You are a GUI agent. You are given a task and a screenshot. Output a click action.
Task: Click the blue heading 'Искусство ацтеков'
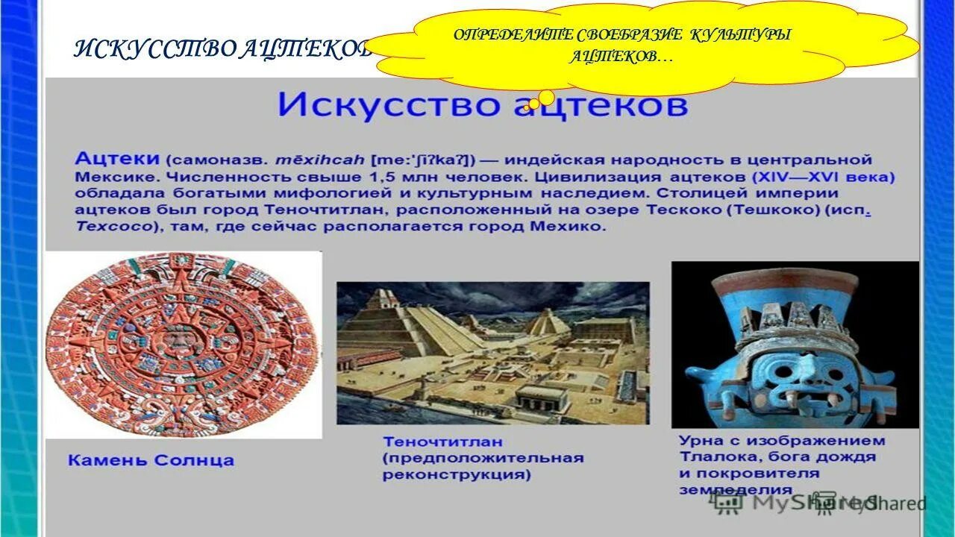[483, 105]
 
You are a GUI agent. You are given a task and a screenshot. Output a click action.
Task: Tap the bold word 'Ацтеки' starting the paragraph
[117, 159]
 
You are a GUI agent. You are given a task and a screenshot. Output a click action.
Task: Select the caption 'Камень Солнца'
[151, 460]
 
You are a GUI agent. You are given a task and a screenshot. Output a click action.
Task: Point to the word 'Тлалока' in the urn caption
[715, 457]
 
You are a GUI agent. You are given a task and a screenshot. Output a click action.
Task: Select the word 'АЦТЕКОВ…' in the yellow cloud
[620, 57]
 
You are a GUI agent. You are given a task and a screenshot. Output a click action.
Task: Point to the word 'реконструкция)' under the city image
[456, 474]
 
